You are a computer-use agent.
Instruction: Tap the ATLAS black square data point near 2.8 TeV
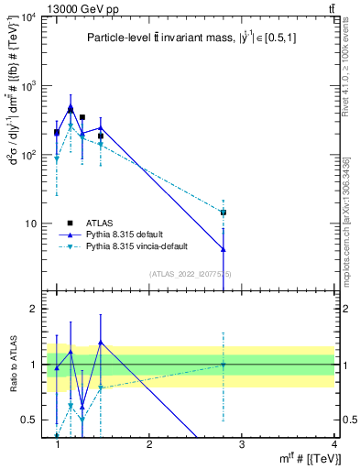click(x=224, y=213)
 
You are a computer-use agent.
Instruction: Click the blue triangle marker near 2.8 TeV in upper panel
click(x=224, y=249)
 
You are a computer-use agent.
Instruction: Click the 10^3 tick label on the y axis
click(x=27, y=87)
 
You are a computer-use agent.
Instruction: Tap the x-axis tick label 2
click(x=149, y=444)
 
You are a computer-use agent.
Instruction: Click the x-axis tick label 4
click(x=334, y=444)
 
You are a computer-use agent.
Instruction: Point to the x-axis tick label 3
click(x=242, y=444)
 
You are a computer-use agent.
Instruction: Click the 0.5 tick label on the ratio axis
click(x=28, y=420)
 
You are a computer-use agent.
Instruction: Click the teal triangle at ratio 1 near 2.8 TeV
click(x=224, y=365)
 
